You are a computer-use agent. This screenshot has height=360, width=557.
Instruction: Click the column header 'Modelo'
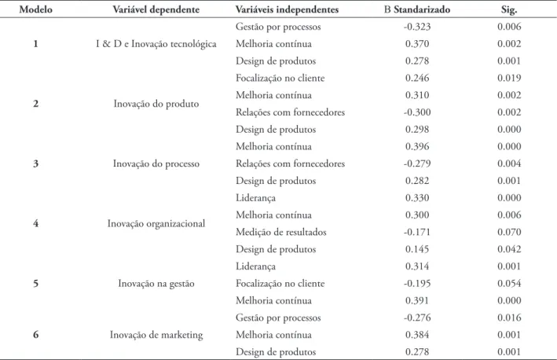pos(35,9)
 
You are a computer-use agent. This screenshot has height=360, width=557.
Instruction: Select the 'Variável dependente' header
pos(156,9)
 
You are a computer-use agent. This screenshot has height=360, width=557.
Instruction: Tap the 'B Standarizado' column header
pos(417,9)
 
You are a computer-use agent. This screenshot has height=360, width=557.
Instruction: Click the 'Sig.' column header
pos(509,9)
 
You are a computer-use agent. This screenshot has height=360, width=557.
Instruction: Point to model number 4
pos(35,223)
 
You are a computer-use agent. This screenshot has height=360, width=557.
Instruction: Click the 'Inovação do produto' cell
pos(156,104)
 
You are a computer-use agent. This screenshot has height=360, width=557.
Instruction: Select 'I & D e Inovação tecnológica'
pos(156,44)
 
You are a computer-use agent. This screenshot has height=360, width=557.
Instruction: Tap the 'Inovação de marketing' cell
pos(156,335)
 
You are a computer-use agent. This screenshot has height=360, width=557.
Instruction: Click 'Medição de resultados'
pos(280,232)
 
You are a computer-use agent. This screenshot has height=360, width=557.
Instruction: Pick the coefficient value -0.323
pos(417,27)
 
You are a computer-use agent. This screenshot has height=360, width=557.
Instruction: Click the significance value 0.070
pos(509,232)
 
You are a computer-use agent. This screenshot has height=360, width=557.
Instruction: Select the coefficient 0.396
pos(417,146)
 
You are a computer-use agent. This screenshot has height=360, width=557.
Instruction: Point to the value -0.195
pos(417,283)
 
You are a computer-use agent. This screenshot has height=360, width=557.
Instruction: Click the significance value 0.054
pos(509,283)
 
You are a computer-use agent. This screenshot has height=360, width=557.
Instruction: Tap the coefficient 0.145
pos(417,249)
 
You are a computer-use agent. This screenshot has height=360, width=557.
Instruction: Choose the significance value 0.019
pos(509,78)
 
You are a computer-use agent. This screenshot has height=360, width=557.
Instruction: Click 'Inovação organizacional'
pos(156,223)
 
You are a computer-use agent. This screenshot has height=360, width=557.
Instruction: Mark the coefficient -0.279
pos(417,163)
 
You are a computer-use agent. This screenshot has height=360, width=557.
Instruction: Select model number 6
pos(35,335)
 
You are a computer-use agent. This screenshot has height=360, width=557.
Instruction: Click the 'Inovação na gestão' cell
pos(156,284)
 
